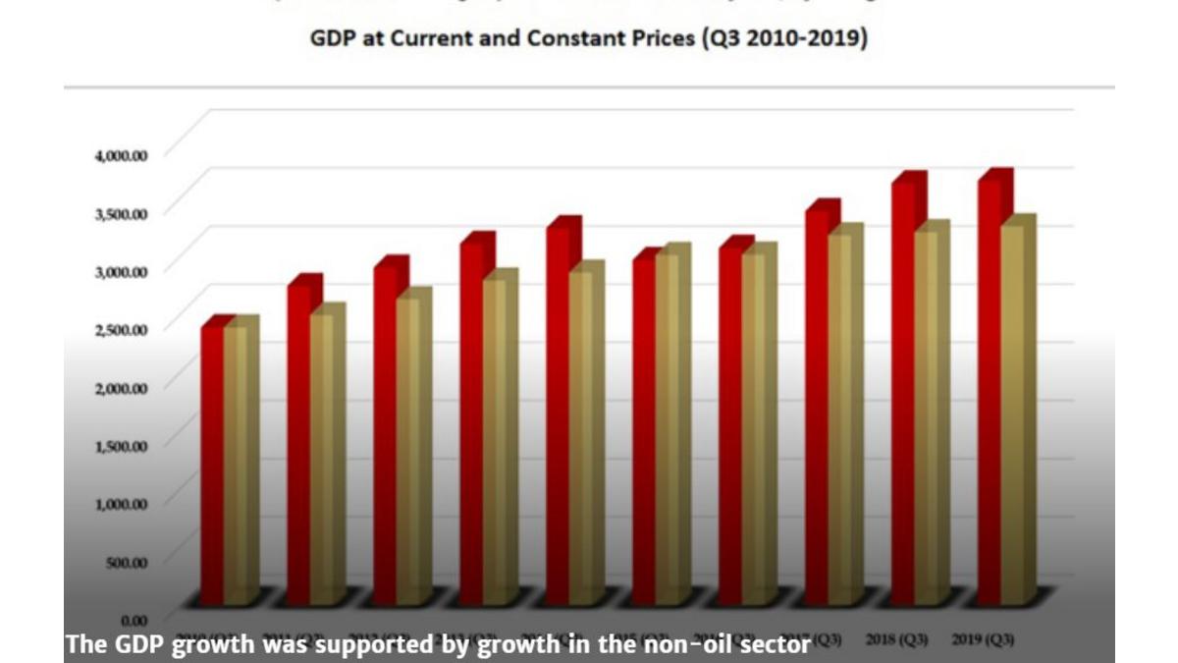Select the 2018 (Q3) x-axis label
coord(898,639)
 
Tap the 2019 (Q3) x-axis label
coord(984,639)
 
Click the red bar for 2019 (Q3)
coord(989,393)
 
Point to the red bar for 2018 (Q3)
coord(903,393)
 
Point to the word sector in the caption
coord(778,645)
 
